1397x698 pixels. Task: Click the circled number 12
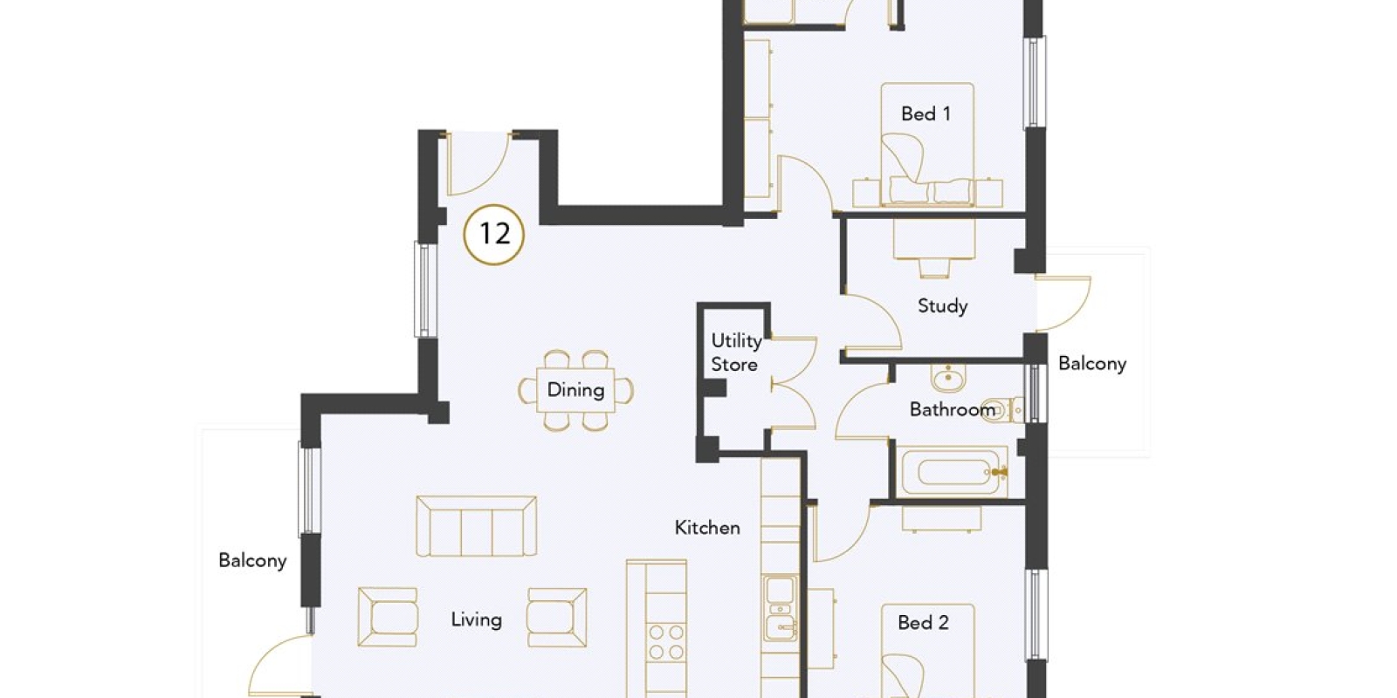coord(494,235)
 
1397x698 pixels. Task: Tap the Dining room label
coord(575,390)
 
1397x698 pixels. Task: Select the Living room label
coord(477,619)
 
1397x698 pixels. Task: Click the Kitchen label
coord(707,528)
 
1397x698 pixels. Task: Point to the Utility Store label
coord(736,352)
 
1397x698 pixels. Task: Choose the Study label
coord(942,306)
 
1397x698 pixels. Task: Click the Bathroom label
coord(953,409)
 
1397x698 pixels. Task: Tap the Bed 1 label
coord(926,114)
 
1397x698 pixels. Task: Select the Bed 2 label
coord(923,622)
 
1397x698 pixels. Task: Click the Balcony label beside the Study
coord(1092,363)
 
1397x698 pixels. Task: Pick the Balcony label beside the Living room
coord(252,560)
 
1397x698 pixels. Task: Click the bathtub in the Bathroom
coord(952,472)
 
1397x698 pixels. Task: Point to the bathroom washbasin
coord(948,377)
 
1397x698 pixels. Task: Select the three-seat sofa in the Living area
coord(477,525)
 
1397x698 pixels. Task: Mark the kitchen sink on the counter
coord(781,608)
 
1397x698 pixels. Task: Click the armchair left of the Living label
coord(388,617)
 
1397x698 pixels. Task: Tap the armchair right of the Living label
coord(557,617)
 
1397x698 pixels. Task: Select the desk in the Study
coord(933,238)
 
